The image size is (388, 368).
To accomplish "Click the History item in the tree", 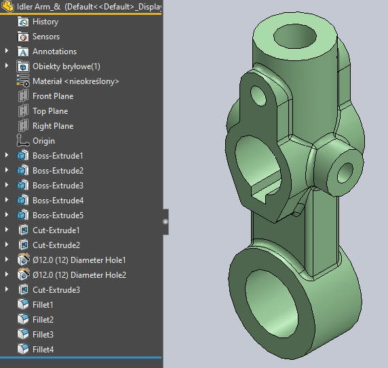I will tap(45, 22).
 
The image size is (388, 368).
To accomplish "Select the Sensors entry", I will tap(45, 37).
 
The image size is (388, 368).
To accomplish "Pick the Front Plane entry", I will tap(52, 96).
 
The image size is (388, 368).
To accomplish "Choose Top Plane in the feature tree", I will tap(50, 111).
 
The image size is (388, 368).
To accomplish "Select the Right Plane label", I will tap(52, 126).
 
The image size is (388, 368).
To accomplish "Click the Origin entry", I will tap(43, 141).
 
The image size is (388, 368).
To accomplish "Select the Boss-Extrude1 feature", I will tap(58, 156).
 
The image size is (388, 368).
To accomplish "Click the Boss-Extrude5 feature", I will tap(58, 216).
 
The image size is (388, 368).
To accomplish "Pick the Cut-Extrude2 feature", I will tap(56, 245).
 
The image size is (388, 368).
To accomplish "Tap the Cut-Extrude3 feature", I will tap(56, 290).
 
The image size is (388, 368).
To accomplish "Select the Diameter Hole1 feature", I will tap(79, 260).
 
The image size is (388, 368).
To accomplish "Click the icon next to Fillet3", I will tap(22, 335).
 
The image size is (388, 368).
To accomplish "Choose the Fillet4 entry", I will tap(43, 350).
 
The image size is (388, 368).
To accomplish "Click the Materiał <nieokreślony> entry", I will tap(75, 81).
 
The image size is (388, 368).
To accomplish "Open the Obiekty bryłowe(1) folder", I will tap(66, 66).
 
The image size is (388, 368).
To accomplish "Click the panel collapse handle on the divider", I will tap(165, 221).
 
